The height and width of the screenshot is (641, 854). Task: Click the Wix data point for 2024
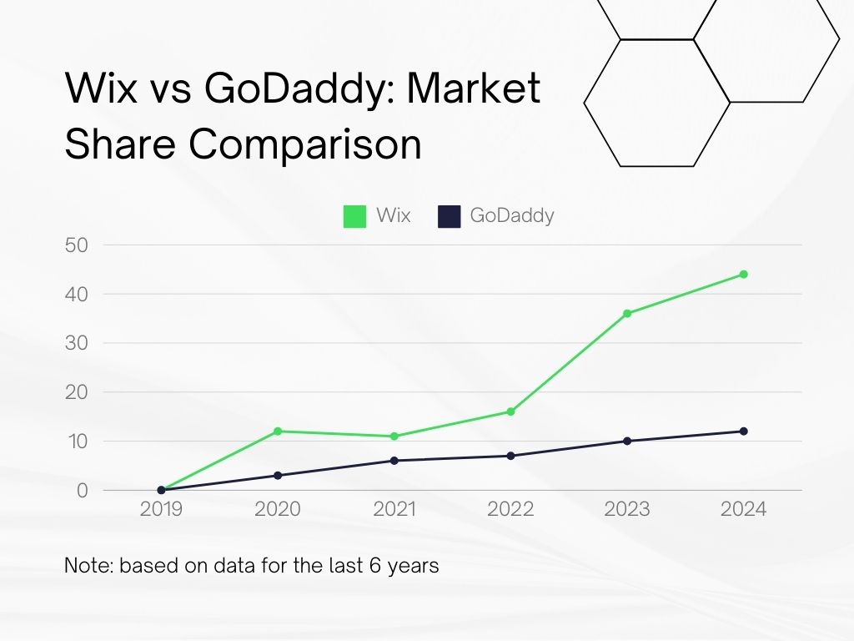743,274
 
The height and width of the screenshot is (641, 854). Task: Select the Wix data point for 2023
627,313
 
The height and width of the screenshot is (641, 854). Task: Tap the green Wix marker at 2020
278,431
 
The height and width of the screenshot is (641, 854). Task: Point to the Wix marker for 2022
510,411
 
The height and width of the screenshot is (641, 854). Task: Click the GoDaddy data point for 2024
743,431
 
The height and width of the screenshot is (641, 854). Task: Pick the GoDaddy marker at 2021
394,461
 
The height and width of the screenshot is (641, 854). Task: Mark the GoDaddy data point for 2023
627,441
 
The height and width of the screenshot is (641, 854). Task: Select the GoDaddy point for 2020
278,475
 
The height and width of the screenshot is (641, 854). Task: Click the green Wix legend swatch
355,216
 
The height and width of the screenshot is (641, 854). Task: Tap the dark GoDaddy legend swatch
450,216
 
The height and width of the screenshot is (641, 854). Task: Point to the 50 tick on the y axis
76,245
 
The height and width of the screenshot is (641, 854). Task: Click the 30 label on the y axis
76,343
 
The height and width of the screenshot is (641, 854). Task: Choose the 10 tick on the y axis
76,441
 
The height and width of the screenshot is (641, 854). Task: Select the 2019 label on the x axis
161,509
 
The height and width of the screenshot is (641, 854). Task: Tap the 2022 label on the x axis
510,509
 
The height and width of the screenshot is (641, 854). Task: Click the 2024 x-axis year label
743,509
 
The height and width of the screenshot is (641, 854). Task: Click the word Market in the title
474,88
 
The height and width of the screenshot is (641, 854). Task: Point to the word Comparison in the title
304,144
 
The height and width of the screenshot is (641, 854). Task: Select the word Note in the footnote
88,565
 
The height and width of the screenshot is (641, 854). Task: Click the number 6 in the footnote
369,565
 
